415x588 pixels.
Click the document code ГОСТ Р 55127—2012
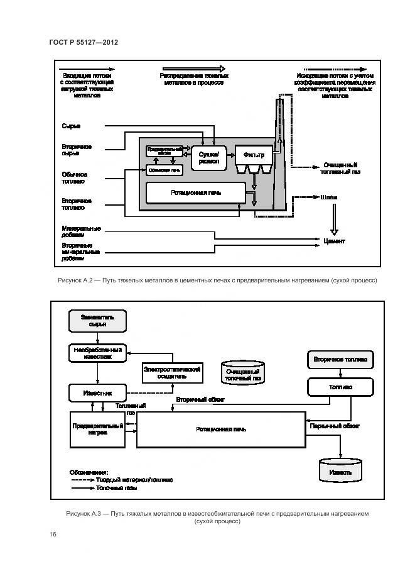84,42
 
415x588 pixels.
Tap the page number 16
53,534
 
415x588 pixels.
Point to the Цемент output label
333,241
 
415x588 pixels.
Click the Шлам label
329,197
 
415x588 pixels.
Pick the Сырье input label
71,126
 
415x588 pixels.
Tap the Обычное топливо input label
74,178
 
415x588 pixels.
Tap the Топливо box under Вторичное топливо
340,387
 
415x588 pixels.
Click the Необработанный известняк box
97,352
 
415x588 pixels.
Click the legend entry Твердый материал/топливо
134,479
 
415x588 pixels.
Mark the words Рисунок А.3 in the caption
84,514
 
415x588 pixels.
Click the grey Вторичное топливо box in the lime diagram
340,360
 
